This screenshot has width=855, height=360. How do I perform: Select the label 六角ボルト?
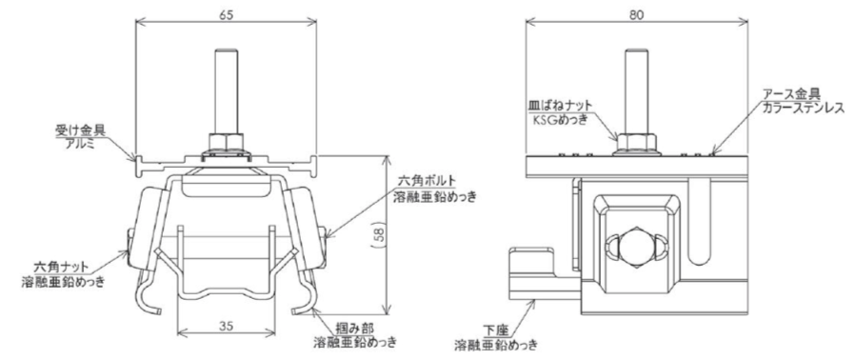pos(425,180)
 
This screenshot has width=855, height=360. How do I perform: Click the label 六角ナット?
pos(62,269)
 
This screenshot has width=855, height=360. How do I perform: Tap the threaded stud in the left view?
pos(226,92)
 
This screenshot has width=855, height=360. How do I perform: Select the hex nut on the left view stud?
pos(226,144)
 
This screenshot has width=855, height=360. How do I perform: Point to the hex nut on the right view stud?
pos(636,144)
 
